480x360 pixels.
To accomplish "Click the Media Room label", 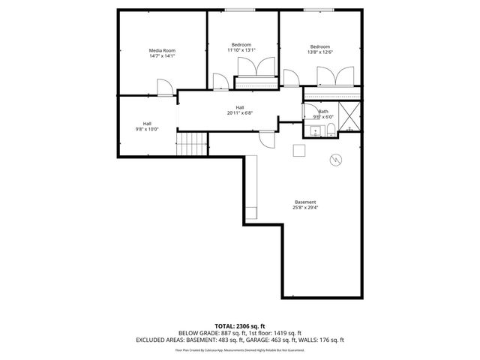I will coord(161,50).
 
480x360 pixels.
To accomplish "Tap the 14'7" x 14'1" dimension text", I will coord(161,56).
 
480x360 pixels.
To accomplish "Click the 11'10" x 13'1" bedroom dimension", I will coord(241,50).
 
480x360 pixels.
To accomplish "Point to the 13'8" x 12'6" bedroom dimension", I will coord(320,51).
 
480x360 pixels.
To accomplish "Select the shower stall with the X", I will coord(349,118).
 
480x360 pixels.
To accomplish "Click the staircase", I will coord(193,142).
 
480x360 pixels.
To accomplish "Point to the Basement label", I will coord(305,202).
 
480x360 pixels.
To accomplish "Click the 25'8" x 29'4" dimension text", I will coord(305,208).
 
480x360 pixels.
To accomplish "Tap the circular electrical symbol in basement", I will coord(336,160).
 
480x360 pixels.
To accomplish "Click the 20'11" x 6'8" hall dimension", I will coord(240,113).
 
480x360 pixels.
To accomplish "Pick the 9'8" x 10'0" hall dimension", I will coord(148,129).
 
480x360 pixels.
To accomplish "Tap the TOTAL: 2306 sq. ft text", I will coord(239,326).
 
